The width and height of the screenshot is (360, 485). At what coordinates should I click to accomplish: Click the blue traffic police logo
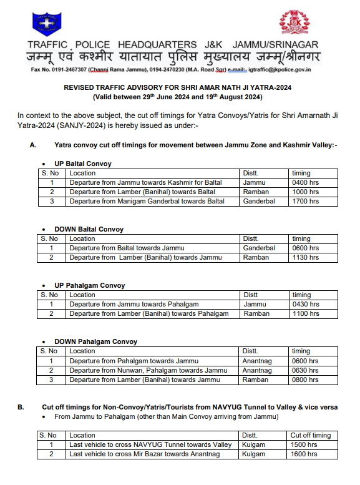pyautogui.click(x=44, y=24)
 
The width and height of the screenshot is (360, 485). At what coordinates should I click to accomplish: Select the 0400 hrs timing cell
pyautogui.click(x=305, y=183)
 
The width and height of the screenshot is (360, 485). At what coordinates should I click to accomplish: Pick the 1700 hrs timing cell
pyautogui.click(x=305, y=201)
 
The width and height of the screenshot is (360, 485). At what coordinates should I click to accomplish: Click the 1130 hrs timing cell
pyautogui.click(x=305, y=257)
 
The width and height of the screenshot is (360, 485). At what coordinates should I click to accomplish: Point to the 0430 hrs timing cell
pyautogui.click(x=305, y=304)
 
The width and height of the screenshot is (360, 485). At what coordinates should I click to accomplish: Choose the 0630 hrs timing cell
pyautogui.click(x=305, y=370)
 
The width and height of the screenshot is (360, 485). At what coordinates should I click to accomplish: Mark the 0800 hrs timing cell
pyautogui.click(x=305, y=379)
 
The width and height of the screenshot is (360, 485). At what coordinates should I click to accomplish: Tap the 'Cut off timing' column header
pyautogui.click(x=311, y=435)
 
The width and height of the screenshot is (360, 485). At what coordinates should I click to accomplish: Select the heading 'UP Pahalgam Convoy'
pyautogui.click(x=89, y=285)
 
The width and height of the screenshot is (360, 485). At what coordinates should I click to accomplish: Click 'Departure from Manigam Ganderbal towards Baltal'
pyautogui.click(x=147, y=201)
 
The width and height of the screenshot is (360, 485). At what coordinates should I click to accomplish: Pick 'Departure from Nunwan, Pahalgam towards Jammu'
pyautogui.click(x=148, y=370)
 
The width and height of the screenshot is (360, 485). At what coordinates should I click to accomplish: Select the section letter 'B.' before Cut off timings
pyautogui.click(x=21, y=407)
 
